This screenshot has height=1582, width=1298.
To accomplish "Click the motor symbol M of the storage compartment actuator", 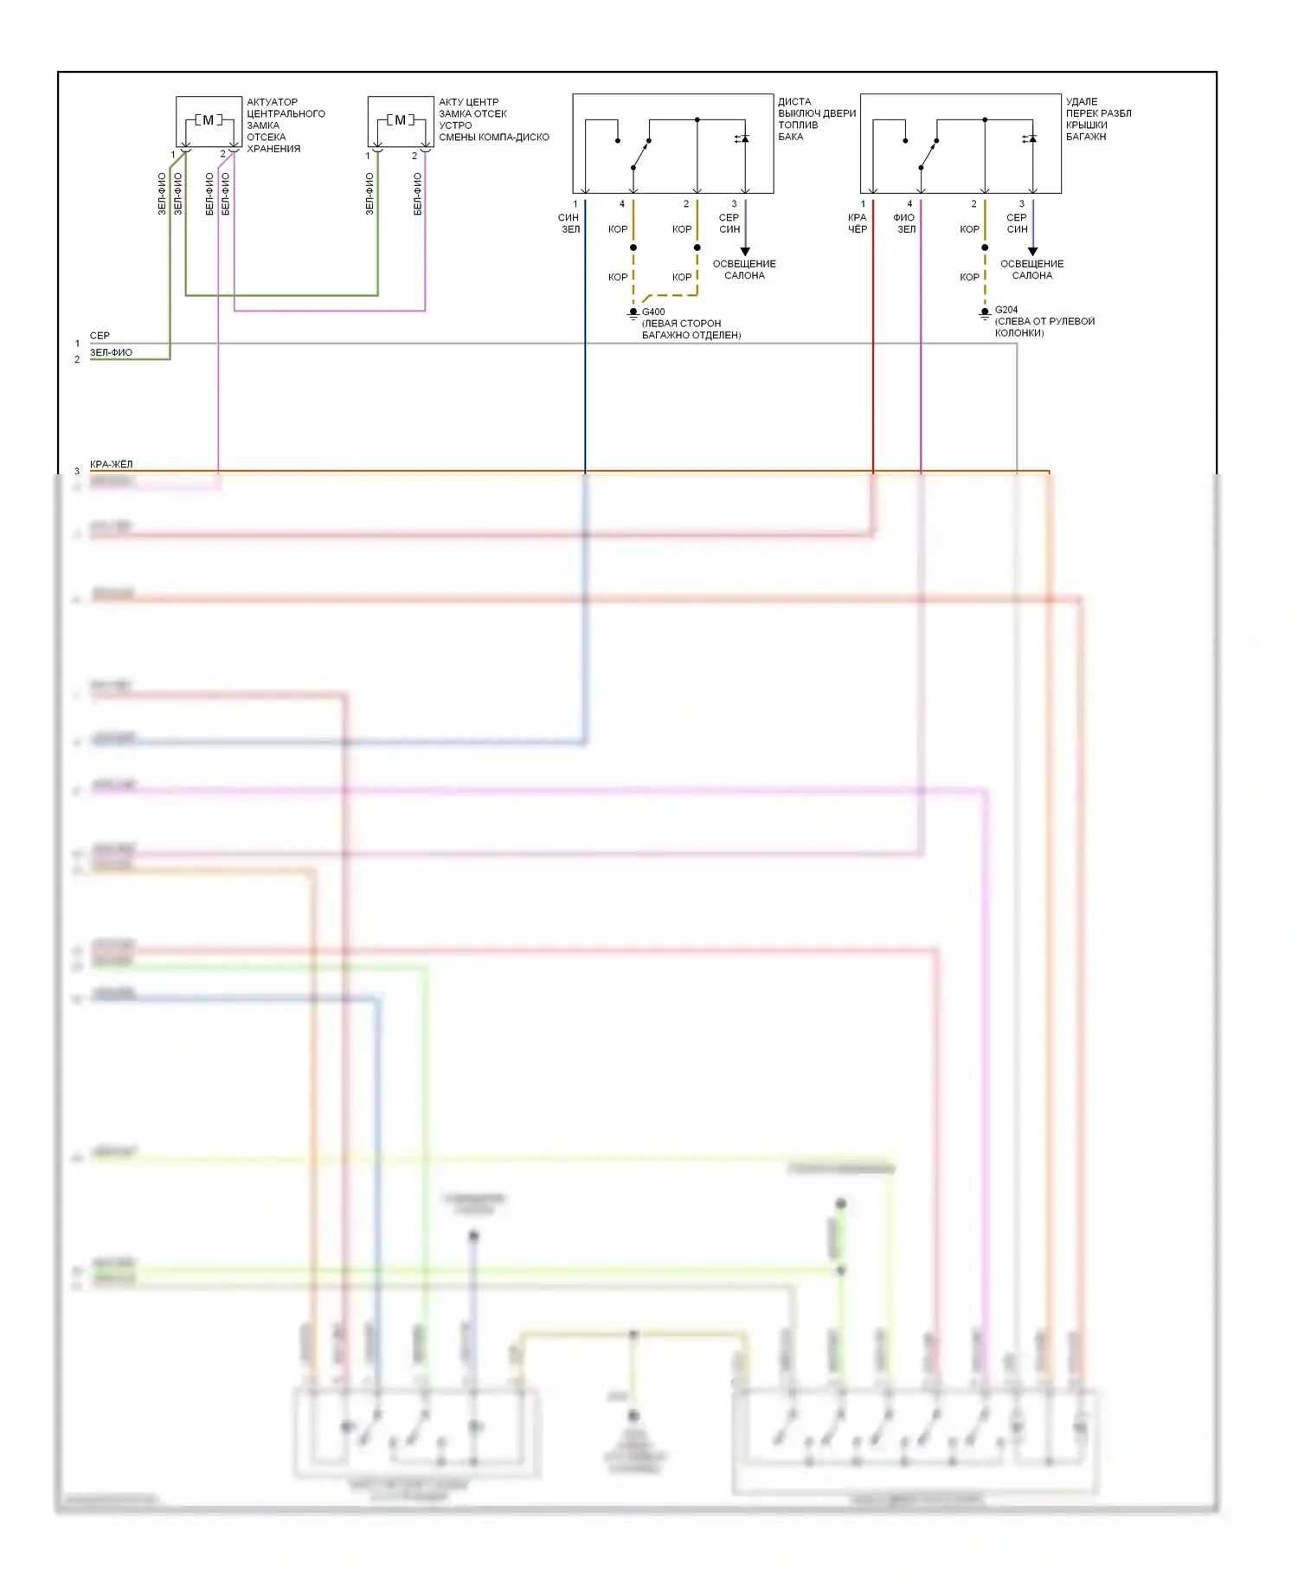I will click(208, 120).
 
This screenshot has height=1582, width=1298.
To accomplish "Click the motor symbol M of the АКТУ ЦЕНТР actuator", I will click(400, 120).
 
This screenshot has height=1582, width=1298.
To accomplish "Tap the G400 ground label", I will click(653, 312).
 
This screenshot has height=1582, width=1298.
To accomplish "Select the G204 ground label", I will click(1006, 309).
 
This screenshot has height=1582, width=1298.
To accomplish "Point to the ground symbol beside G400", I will click(633, 315).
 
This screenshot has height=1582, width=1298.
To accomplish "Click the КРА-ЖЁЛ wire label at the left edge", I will click(112, 465).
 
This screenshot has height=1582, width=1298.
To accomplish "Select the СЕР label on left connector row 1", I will click(100, 336).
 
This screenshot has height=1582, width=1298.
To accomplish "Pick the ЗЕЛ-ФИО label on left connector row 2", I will click(111, 353).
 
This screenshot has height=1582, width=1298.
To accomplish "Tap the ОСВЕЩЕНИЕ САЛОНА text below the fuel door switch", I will click(744, 269).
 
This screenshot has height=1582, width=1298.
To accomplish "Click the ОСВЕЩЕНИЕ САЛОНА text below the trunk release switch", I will click(1032, 269).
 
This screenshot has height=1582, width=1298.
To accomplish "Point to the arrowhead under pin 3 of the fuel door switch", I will click(745, 252).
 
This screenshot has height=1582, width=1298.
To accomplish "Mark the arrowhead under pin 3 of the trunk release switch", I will click(1032, 252).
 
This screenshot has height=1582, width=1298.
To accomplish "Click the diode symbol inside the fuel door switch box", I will click(743, 138).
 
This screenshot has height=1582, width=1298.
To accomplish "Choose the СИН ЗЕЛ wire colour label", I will click(569, 223).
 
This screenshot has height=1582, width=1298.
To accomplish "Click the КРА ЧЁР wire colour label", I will click(857, 223).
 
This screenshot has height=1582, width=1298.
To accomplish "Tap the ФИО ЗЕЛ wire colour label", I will click(904, 223).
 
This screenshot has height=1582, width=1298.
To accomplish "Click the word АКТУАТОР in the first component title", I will click(272, 102).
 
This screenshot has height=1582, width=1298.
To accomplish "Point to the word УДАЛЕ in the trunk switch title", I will click(1082, 102).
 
